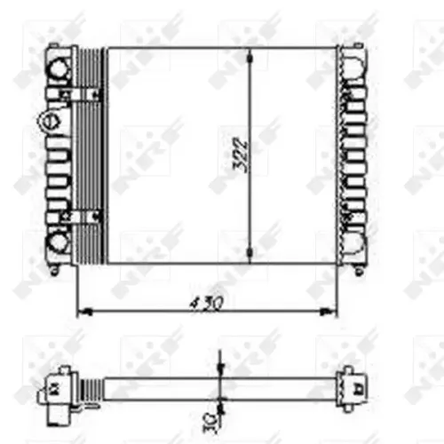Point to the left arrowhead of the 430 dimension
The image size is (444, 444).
[x=83, y=311]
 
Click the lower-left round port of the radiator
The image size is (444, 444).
[x=59, y=238]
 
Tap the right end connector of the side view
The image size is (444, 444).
[x=355, y=386]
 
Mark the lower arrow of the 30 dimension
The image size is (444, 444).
[x=219, y=400]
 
